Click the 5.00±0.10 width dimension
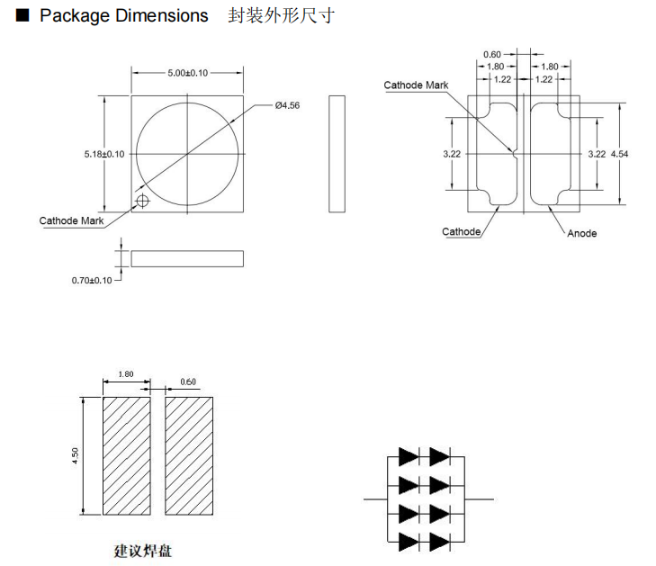(187, 73)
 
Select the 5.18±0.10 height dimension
(104, 155)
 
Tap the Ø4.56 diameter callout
(287, 106)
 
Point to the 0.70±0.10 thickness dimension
(92, 281)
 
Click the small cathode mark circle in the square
(141, 200)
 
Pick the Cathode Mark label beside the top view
(71, 220)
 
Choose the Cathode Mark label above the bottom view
(416, 85)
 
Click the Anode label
(581, 233)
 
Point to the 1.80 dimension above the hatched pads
(126, 374)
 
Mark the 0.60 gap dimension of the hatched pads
(188, 382)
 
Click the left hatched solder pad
(126, 455)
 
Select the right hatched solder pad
(189, 455)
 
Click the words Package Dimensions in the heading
(124, 16)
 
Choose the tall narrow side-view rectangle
(337, 154)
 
